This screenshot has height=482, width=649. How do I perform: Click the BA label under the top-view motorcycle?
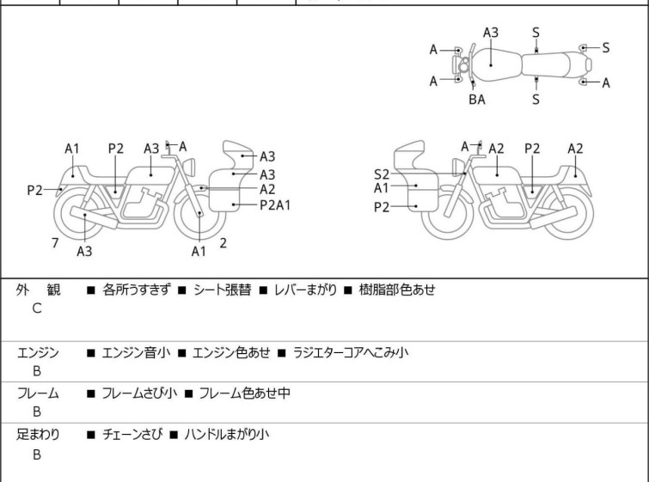click(x=476, y=100)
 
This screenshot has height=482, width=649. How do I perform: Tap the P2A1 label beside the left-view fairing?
click(x=275, y=204)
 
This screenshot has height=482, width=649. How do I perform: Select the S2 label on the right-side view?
click(x=381, y=174)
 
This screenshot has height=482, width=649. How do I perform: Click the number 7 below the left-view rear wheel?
click(x=55, y=243)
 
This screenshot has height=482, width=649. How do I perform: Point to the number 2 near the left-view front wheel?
click(x=223, y=243)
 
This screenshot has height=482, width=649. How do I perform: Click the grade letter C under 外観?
click(x=36, y=308)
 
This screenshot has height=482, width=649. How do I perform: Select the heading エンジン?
click(x=38, y=352)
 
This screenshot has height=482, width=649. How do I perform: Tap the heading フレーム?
click(x=38, y=394)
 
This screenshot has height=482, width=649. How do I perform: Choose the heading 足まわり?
click(x=38, y=435)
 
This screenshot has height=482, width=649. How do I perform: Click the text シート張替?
click(x=222, y=290)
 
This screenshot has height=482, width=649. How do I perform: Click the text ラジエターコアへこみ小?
click(x=351, y=352)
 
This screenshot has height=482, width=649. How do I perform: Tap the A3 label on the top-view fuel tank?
click(x=491, y=33)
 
